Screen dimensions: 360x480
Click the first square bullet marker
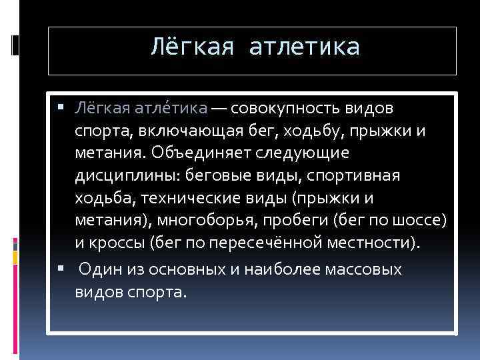coord(62,107)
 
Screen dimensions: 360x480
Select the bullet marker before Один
coord(62,269)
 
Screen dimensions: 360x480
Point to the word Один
coord(99,270)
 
